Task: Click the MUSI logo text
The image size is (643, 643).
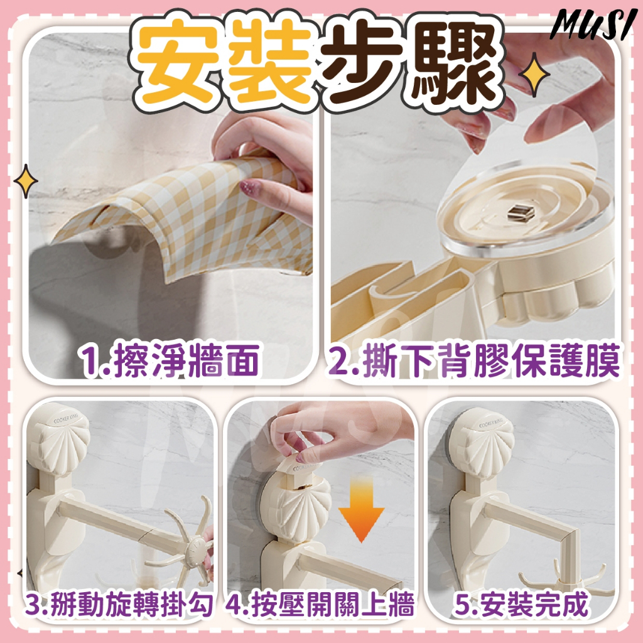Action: tap(593, 24)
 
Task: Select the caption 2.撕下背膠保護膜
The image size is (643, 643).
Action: tap(473, 360)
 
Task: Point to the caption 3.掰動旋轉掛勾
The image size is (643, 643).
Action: tap(119, 605)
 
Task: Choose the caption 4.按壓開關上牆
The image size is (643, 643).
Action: tap(320, 605)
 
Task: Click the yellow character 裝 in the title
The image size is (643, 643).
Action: tap(271, 62)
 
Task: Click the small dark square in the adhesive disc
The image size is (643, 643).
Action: tap(521, 213)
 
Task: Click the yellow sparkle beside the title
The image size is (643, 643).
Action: tap(534, 75)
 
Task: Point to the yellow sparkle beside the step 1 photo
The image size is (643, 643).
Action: tap(26, 181)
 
